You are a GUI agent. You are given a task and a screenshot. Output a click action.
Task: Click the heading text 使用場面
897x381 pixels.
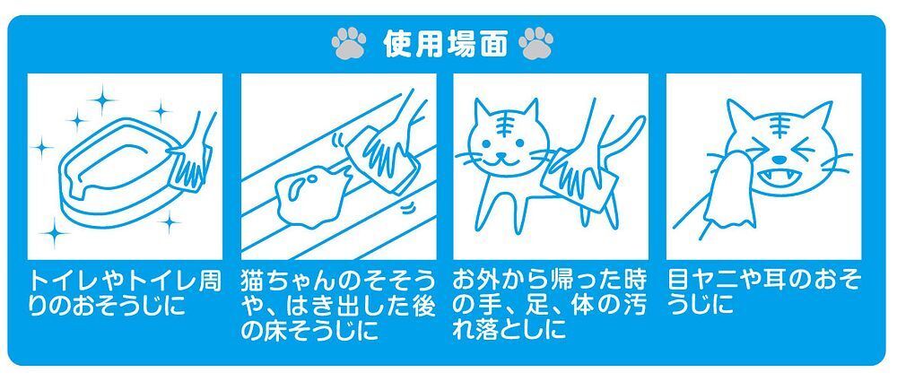tap(446, 45)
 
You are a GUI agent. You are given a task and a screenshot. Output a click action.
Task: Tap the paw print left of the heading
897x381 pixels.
tap(348, 43)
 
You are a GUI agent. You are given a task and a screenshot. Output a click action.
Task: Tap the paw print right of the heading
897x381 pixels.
tap(536, 43)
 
